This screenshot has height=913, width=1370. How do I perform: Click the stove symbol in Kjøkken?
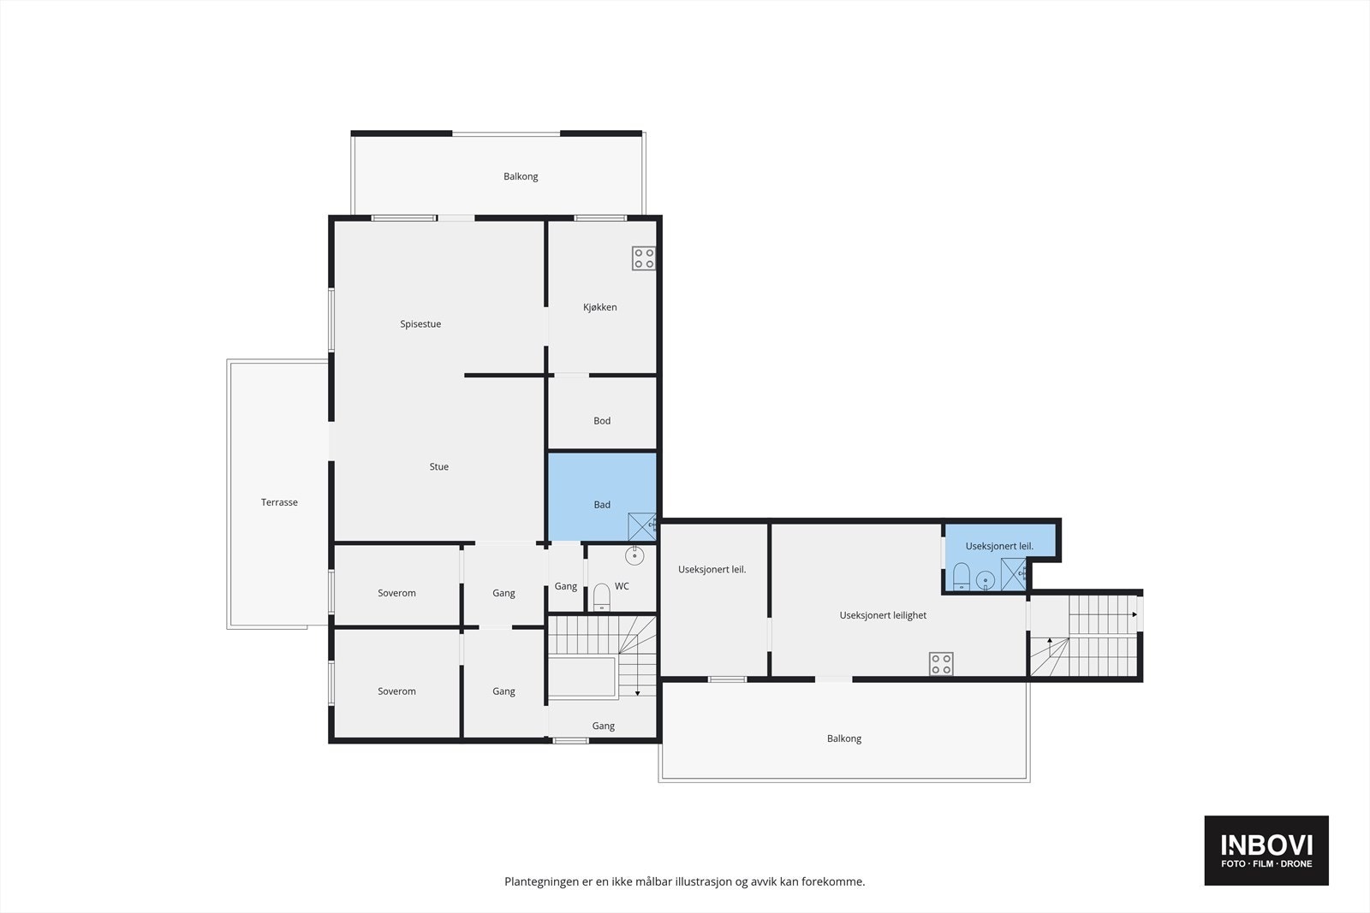pyautogui.click(x=644, y=258)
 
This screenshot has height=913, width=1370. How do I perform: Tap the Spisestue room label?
pyautogui.click(x=420, y=324)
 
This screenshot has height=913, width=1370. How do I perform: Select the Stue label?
pyautogui.click(x=438, y=467)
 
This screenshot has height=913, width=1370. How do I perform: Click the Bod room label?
pyautogui.click(x=602, y=421)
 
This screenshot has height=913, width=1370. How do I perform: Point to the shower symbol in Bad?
pyautogui.click(x=641, y=525)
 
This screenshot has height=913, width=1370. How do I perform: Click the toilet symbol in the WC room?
pyautogui.click(x=601, y=596)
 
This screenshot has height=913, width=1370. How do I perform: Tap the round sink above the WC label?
pyautogui.click(x=634, y=556)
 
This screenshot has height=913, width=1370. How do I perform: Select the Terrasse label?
pyautogui.click(x=279, y=503)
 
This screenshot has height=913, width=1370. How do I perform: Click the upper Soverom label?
pyautogui.click(x=396, y=593)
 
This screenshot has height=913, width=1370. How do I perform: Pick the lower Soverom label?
pyautogui.click(x=396, y=691)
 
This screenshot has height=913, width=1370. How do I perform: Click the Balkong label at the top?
pyautogui.click(x=521, y=177)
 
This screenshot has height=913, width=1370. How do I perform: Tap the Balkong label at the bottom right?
pyautogui.click(x=844, y=738)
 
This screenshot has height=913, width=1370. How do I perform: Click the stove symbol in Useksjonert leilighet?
pyautogui.click(x=941, y=663)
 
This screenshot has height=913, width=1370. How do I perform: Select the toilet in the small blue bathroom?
pyautogui.click(x=961, y=578)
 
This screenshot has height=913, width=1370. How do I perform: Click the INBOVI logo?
pyautogui.click(x=1266, y=850)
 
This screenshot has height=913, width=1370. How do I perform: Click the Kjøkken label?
pyautogui.click(x=599, y=307)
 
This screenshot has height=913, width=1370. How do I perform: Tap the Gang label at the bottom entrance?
pyautogui.click(x=603, y=726)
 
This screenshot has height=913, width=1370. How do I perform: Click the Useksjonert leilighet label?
pyautogui.click(x=883, y=615)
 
